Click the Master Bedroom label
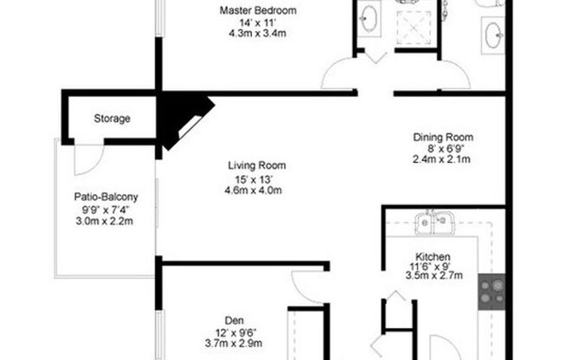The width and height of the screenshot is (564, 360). tap(258, 10)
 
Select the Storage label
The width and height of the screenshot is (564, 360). tap(112, 118)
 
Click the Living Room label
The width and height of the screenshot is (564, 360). tap(257, 165)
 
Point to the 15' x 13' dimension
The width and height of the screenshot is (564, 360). tap(257, 179)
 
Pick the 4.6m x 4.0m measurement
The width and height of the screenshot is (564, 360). tap(257, 191)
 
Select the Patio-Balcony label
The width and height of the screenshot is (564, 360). tap(106, 196)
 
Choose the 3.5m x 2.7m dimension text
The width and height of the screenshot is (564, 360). tap(434, 276)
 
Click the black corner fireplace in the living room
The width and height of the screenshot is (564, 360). tap(183, 116)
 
